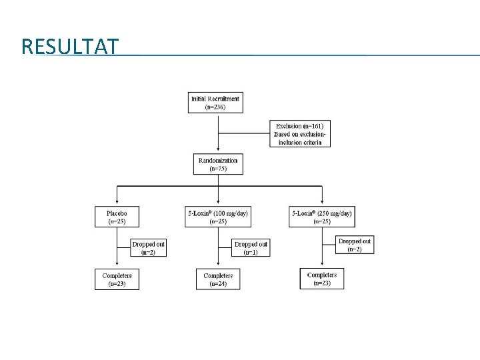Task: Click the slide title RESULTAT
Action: pyautogui.click(x=70, y=47)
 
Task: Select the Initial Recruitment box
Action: pyautogui.click(x=215, y=103)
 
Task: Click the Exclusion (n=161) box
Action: pyautogui.click(x=299, y=133)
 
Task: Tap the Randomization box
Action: pyautogui.click(x=217, y=164)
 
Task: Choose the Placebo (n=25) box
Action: pyautogui.click(x=117, y=217)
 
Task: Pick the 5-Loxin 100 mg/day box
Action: pyautogui.click(x=218, y=217)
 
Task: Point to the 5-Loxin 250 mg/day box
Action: pyautogui.click(x=322, y=217)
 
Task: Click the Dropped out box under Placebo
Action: pyautogui.click(x=148, y=248)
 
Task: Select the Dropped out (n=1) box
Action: pyautogui.click(x=251, y=248)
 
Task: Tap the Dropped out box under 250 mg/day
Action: pyautogui.click(x=355, y=245)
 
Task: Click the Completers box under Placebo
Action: pyautogui.click(x=117, y=279)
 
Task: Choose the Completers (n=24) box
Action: pyautogui.click(x=218, y=279)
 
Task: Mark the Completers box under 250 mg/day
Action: pyautogui.click(x=322, y=278)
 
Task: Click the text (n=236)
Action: pyautogui.click(x=215, y=107)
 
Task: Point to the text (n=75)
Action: pyautogui.click(x=217, y=169)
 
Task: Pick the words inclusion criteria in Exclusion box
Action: pyautogui.click(x=300, y=142)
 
